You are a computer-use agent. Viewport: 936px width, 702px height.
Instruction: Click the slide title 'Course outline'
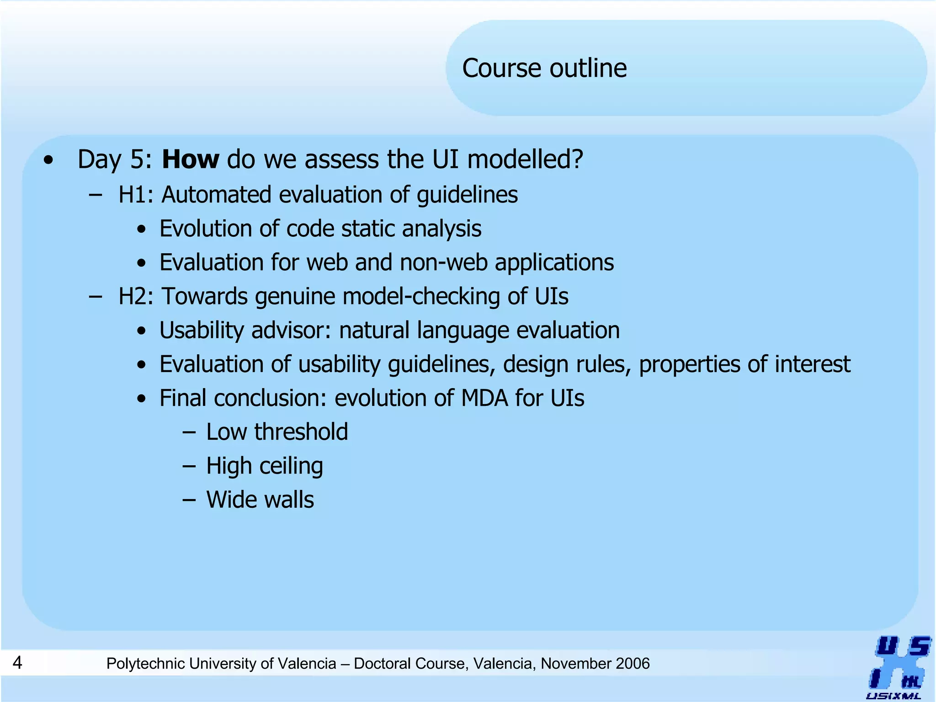544,69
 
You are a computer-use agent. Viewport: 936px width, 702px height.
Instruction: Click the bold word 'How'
190,160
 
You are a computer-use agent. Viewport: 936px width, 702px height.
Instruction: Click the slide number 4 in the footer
17,662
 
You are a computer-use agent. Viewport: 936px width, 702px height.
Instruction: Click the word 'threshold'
301,432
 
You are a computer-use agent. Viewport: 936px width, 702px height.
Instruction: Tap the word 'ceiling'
291,466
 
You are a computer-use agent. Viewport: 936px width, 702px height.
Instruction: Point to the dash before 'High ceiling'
188,466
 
